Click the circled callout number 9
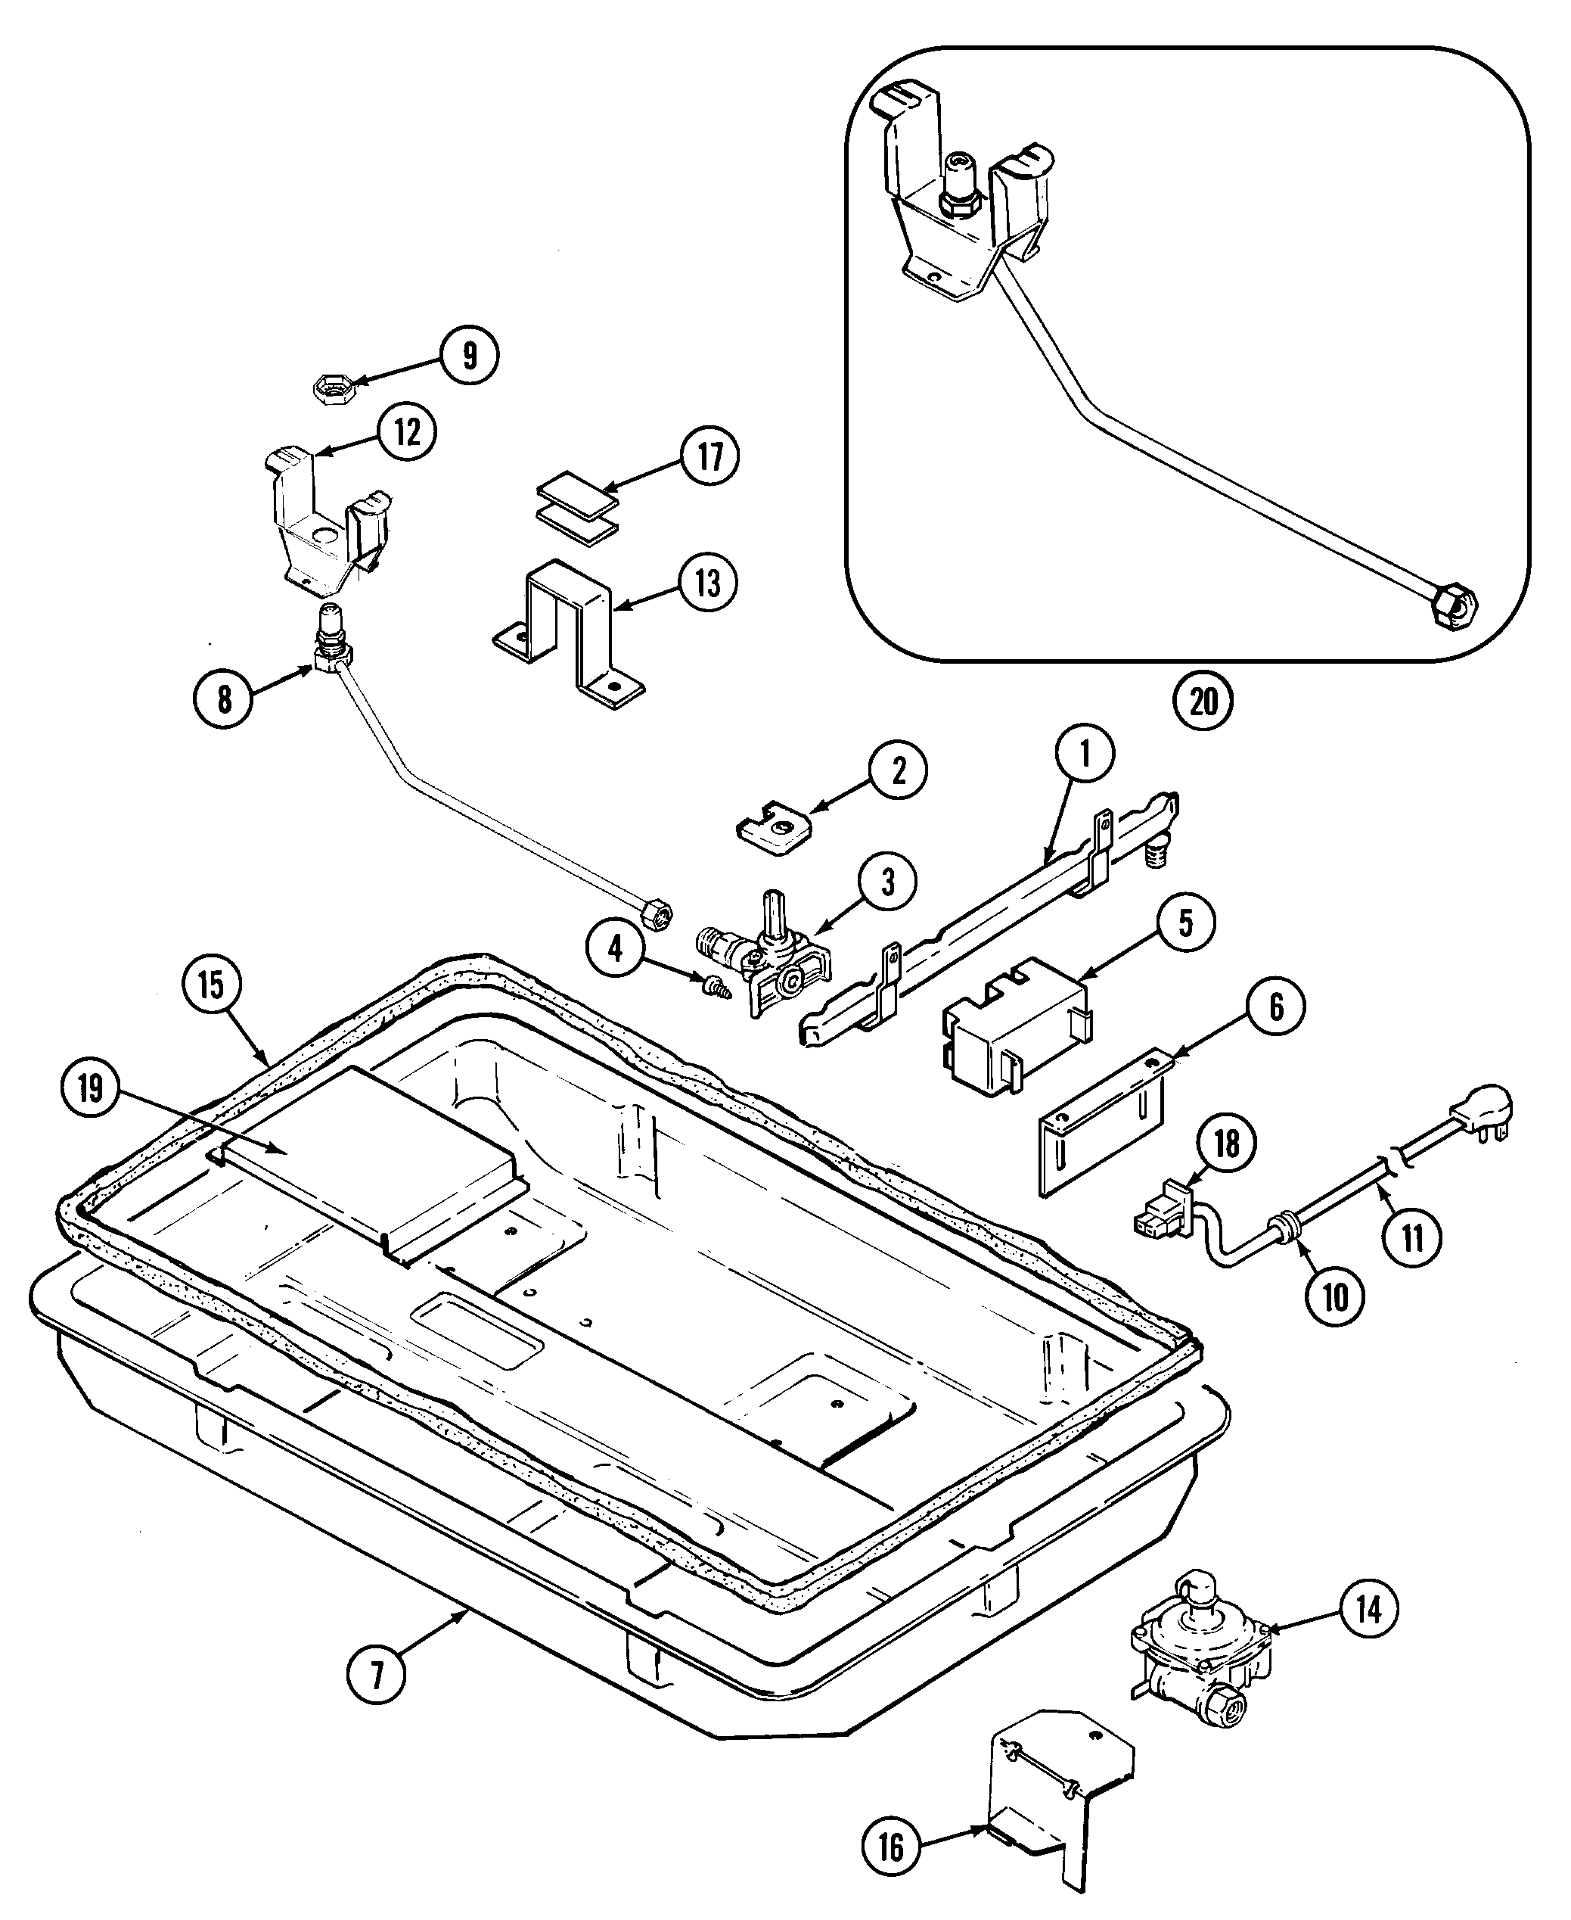click(469, 356)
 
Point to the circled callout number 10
click(1335, 1297)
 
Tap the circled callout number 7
click(377, 1675)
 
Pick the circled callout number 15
click(210, 984)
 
